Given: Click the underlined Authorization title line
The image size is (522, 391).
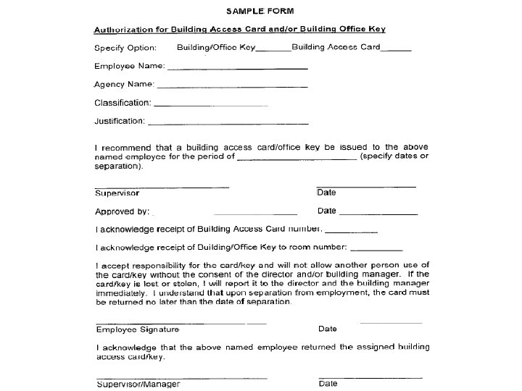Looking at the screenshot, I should click(x=239, y=30).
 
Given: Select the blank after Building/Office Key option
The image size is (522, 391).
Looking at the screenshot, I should click(x=273, y=50).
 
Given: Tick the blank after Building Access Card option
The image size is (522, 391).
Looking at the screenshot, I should click(x=396, y=50).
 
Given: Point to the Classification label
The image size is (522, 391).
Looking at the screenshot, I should click(x=123, y=103).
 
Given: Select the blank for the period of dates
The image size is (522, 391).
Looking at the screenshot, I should click(x=297, y=157).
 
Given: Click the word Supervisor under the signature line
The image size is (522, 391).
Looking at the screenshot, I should click(x=117, y=193).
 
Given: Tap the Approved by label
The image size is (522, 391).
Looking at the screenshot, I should click(x=122, y=212).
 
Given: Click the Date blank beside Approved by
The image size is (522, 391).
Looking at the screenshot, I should click(x=378, y=214).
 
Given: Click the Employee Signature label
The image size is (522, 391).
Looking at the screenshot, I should click(x=138, y=329).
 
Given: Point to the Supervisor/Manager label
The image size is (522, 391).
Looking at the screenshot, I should click(x=138, y=384).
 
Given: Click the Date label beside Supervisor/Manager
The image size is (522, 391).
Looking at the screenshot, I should click(x=328, y=384).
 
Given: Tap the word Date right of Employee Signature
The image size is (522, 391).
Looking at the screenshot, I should click(x=328, y=329).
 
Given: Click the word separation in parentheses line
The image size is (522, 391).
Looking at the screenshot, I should click(x=118, y=167).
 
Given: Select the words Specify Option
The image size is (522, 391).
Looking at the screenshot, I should click(x=125, y=49).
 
